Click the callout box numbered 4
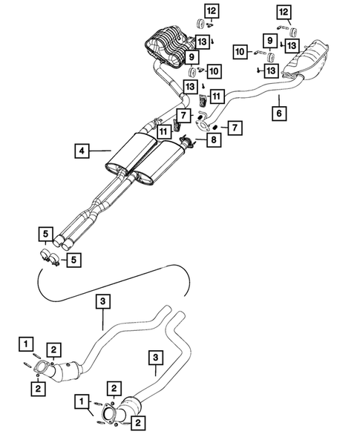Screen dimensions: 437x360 click(x=82, y=151)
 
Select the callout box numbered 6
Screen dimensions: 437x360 click(x=278, y=114)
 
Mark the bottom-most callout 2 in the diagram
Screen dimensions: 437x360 click(x=138, y=422)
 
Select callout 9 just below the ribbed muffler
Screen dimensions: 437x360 click(x=193, y=56)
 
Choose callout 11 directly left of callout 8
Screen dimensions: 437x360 click(x=163, y=131)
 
